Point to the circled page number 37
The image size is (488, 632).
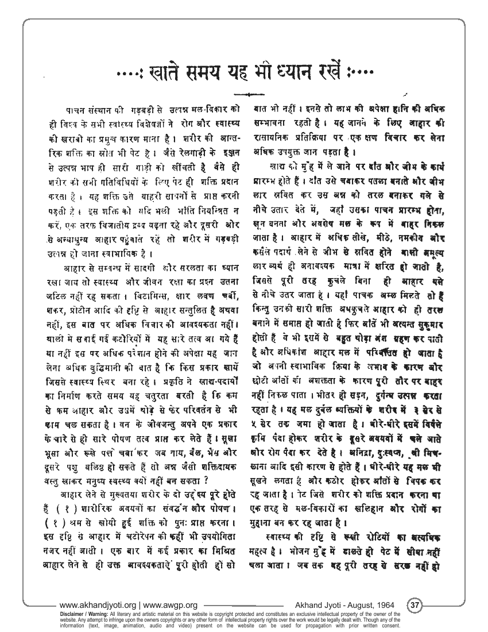(414, 605)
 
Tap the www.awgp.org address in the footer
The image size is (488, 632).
(171, 605)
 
